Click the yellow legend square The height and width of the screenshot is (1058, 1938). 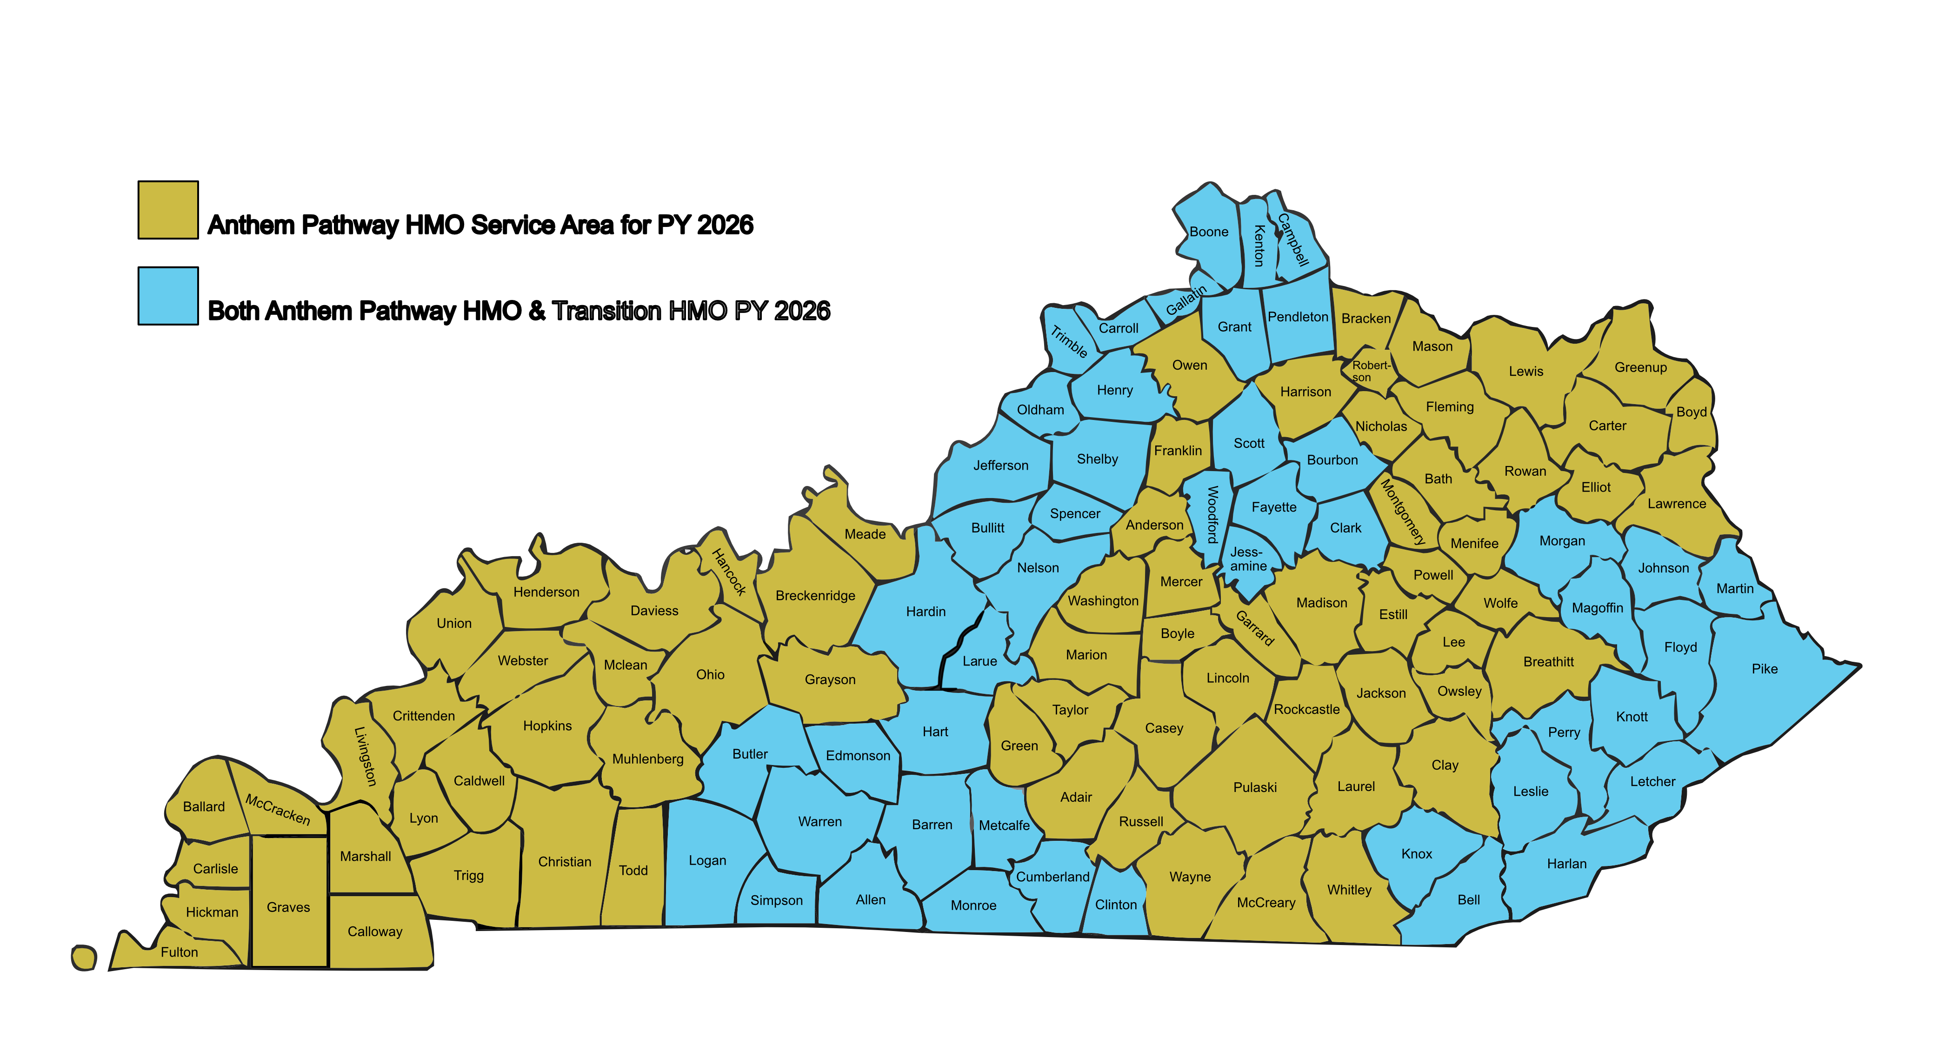(x=168, y=210)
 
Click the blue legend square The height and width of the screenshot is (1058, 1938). (x=168, y=296)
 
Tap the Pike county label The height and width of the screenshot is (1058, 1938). (x=1764, y=669)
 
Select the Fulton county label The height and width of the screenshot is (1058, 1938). (x=179, y=952)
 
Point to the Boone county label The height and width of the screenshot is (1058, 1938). (x=1208, y=232)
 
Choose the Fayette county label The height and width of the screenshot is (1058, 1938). (x=1274, y=507)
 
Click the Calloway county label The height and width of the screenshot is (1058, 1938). (x=375, y=932)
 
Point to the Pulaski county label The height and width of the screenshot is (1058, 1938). (x=1255, y=787)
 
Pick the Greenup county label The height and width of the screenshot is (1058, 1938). (x=1640, y=367)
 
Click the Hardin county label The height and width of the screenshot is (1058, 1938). (x=926, y=612)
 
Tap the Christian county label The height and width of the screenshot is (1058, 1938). (x=564, y=862)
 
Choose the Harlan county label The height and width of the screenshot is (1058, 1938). (x=1566, y=864)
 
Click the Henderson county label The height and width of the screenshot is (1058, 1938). (x=546, y=592)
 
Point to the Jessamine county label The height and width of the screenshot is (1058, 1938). (x=1248, y=559)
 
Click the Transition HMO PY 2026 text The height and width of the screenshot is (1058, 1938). (x=692, y=310)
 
